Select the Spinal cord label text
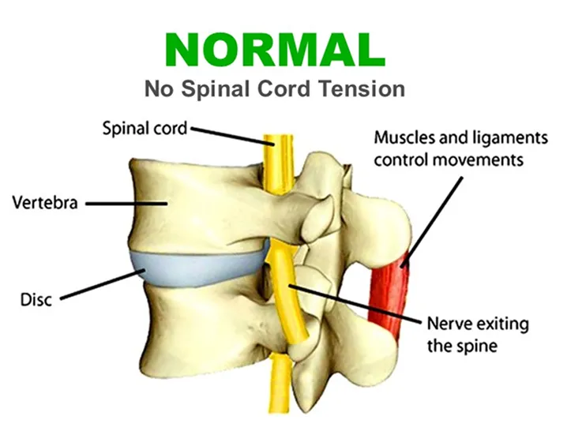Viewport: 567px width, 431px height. point(145,127)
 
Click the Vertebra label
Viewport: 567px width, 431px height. point(45,203)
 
